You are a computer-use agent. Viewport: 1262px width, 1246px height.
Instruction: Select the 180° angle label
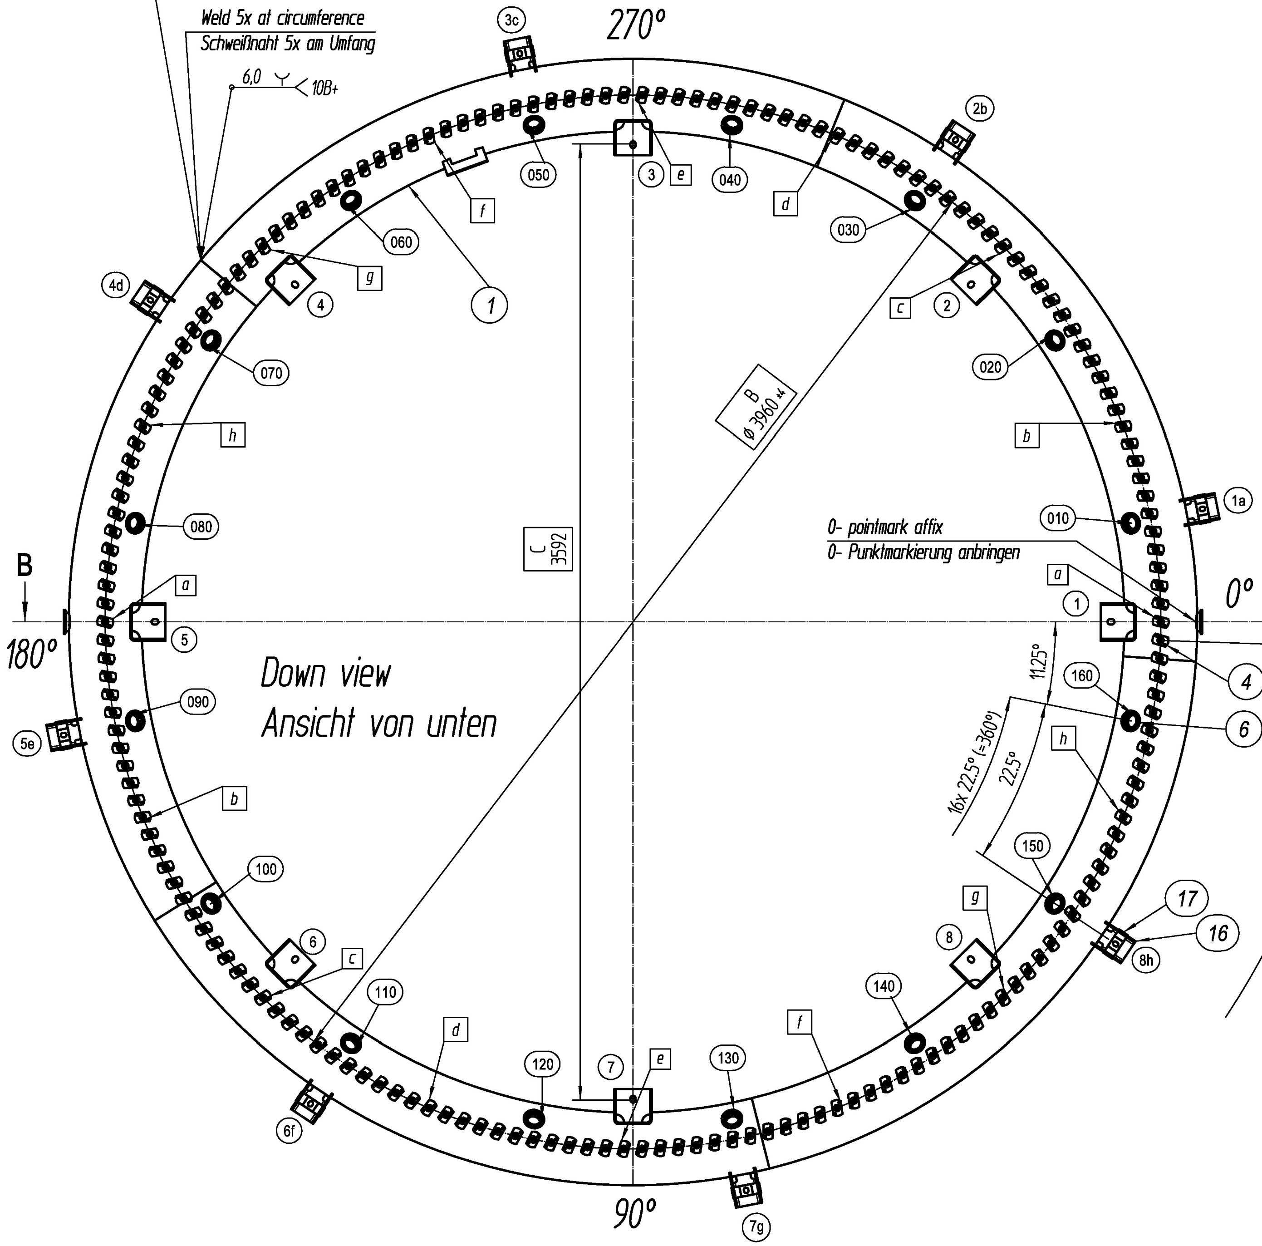click(x=31, y=654)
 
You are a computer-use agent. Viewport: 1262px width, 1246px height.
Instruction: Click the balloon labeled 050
click(x=538, y=175)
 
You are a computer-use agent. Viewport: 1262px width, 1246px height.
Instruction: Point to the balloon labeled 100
click(x=266, y=869)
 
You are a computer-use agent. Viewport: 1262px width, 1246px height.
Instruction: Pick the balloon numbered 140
click(x=884, y=986)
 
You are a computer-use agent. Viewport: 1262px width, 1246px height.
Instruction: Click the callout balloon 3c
click(x=511, y=21)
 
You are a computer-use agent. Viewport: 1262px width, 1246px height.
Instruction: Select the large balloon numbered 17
click(x=1187, y=899)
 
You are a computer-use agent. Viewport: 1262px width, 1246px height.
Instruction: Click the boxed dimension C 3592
click(x=548, y=548)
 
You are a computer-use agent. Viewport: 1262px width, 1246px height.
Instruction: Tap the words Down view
click(x=326, y=674)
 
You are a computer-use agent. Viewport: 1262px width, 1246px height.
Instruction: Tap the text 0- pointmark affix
click(x=885, y=527)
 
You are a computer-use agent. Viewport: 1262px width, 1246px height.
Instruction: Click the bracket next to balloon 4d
click(x=152, y=300)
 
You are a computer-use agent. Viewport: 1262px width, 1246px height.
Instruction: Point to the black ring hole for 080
click(x=135, y=523)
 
